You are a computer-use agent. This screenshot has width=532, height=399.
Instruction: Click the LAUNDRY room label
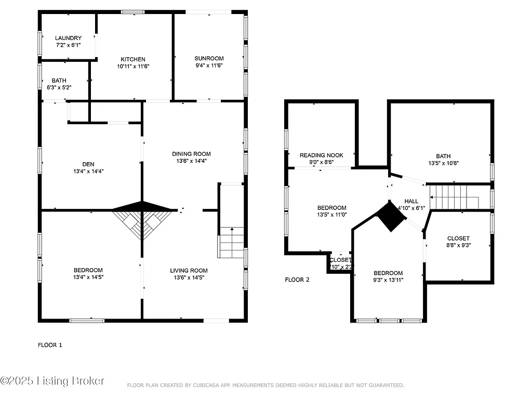pyautogui.click(x=68, y=38)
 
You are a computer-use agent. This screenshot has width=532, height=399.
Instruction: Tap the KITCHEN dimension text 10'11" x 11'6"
pyautogui.click(x=133, y=66)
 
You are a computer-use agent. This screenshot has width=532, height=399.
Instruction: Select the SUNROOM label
pyautogui.click(x=209, y=58)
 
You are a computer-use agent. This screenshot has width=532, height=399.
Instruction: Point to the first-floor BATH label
pyautogui.click(x=59, y=81)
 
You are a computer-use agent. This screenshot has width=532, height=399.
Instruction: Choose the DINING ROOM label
pyautogui.click(x=192, y=154)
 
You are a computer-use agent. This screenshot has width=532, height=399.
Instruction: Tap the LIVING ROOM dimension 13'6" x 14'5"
pyautogui.click(x=189, y=277)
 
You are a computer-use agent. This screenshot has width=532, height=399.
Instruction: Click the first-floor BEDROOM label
pyautogui.click(x=88, y=270)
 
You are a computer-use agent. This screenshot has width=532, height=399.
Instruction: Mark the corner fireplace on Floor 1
pyautogui.click(x=142, y=218)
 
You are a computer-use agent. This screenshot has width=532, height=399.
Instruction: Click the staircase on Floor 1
pyautogui.click(x=231, y=242)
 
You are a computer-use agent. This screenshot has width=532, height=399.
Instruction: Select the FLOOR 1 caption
pyautogui.click(x=50, y=345)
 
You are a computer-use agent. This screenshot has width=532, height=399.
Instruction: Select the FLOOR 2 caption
pyautogui.click(x=297, y=280)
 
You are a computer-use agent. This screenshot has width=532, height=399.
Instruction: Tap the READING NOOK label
pyautogui.click(x=321, y=155)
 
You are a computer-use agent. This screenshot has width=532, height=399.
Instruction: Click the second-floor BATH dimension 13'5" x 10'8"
pyautogui.click(x=443, y=163)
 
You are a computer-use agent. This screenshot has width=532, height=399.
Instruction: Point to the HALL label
pyautogui.click(x=411, y=201)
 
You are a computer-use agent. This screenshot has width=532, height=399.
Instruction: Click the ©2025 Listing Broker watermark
pyautogui.click(x=52, y=381)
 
